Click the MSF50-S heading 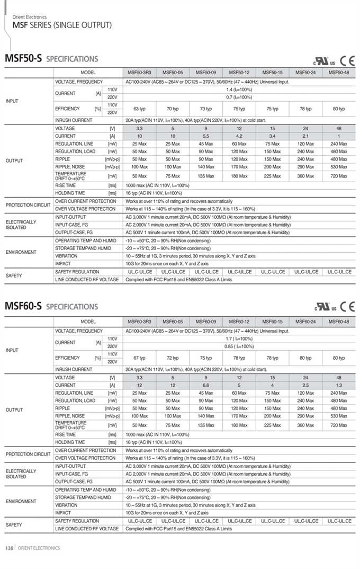23,59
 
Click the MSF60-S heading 23,306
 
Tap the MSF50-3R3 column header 139,72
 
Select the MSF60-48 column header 338,322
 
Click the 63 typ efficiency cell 139,109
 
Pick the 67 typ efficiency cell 139,358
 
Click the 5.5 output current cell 206,136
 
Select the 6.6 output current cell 206,385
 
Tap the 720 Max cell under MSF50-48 338,176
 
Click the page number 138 9,548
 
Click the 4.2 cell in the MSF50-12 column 239,136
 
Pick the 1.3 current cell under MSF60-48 338,385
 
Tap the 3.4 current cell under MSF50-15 272,136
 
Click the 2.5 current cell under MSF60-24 305,385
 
